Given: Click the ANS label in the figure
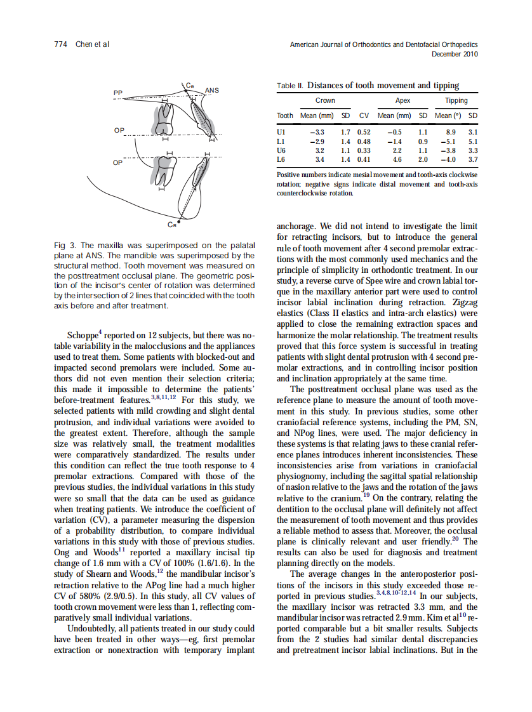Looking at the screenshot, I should pyautogui.click(x=212, y=91).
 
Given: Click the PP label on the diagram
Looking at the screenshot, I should pyautogui.click(x=117, y=93).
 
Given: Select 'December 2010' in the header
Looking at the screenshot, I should pyautogui.click(x=455, y=54).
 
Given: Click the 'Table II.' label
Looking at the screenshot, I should pyautogui.click(x=291, y=86).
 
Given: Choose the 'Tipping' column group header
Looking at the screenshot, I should pyautogui.click(x=456, y=100).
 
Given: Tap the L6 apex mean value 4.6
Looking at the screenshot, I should pyautogui.click(x=396, y=159).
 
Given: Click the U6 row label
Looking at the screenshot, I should pyautogui.click(x=282, y=150).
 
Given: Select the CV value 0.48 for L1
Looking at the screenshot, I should pyautogui.click(x=364, y=142).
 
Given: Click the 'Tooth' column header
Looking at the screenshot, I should pyautogui.click(x=285, y=116).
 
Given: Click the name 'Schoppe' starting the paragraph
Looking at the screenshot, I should pyautogui.click(x=82, y=335).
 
